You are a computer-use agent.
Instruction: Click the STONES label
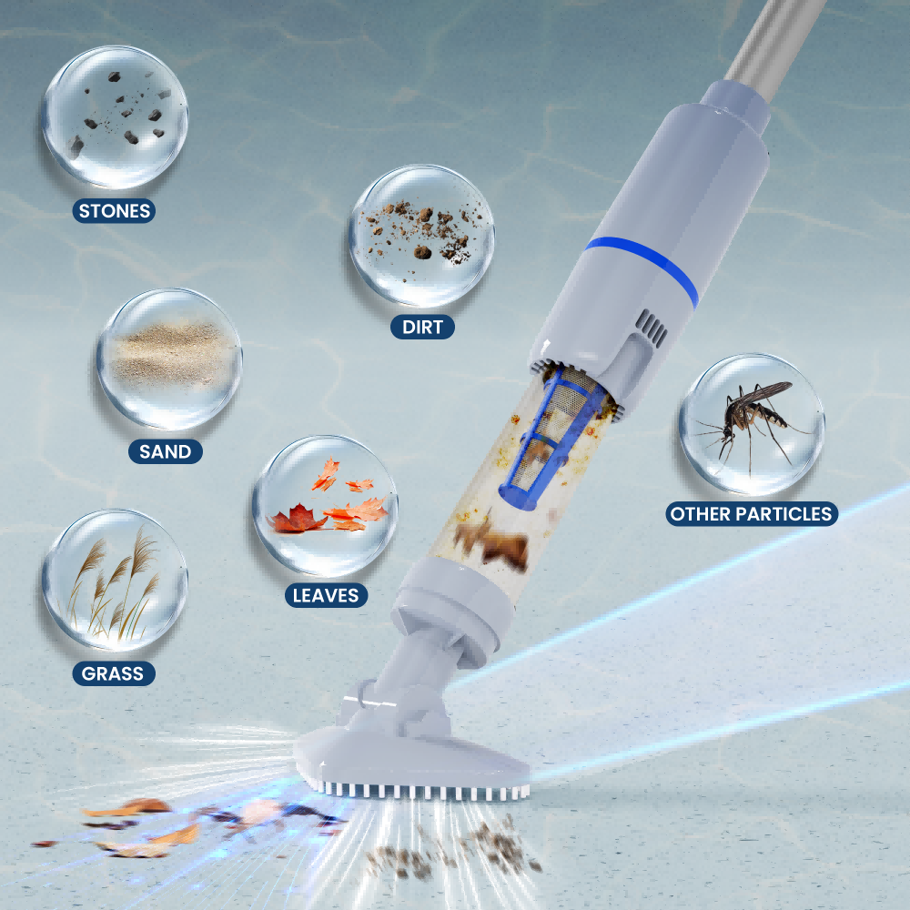point(114,211)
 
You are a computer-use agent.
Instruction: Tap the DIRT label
point(422,327)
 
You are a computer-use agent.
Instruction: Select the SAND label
point(166,451)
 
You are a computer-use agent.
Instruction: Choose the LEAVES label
point(326,595)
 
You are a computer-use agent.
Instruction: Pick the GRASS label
point(113,673)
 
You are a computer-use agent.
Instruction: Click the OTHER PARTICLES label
point(752,513)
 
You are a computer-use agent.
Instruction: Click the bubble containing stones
point(115,117)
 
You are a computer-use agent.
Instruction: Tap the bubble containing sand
point(169,359)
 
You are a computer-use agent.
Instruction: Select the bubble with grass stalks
point(115,581)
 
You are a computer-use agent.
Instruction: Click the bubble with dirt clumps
point(422,236)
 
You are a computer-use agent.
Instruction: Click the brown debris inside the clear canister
point(492,542)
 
